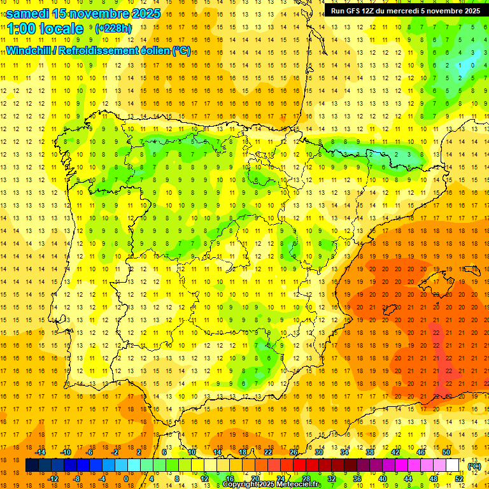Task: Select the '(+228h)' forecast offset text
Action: click(x=113, y=28)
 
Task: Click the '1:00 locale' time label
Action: click(x=45, y=29)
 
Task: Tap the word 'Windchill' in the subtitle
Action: click(x=29, y=50)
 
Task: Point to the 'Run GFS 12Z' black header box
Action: click(x=405, y=11)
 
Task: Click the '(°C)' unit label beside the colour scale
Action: click(x=474, y=466)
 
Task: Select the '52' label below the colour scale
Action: click(x=459, y=479)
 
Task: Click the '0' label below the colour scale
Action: click(x=125, y=479)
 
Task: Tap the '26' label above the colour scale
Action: click(x=294, y=452)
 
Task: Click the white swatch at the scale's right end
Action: click(x=453, y=465)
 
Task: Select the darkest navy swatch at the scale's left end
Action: click(x=32, y=465)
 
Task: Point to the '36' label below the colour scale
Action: click(x=357, y=479)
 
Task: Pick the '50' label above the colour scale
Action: click(x=446, y=452)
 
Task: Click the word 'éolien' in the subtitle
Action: click(x=155, y=50)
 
